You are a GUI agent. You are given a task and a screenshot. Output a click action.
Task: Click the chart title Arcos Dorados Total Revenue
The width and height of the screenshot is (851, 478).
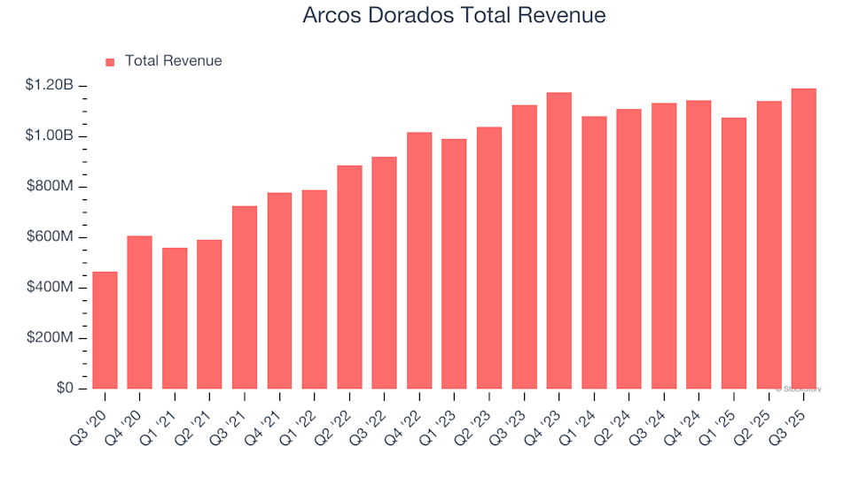(x=454, y=16)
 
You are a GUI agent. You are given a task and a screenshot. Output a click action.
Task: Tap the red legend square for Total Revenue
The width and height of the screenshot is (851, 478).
(x=110, y=62)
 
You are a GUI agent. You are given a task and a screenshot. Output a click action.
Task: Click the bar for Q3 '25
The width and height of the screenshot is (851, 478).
(x=803, y=239)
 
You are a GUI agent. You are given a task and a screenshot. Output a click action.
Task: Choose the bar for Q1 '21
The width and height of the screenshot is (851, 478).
(x=175, y=319)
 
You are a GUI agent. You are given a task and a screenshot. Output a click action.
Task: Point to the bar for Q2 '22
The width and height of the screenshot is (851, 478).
(x=349, y=277)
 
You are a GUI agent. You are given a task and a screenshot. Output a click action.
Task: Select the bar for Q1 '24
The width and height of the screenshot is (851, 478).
(x=594, y=252)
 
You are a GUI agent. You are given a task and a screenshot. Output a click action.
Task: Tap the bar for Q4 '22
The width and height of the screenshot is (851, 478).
(x=419, y=260)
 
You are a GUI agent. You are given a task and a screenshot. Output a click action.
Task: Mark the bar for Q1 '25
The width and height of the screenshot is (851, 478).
(x=733, y=253)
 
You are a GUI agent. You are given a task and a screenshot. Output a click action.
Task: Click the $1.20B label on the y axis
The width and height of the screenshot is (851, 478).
(x=50, y=86)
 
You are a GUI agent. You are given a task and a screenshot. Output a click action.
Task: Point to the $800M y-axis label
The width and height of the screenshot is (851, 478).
(x=51, y=187)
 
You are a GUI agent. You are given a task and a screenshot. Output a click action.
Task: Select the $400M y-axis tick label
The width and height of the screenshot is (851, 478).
(x=51, y=288)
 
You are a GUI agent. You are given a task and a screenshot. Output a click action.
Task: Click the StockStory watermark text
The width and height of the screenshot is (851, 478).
(x=799, y=389)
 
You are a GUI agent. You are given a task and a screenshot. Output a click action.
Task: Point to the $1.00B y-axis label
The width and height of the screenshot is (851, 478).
(x=50, y=136)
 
